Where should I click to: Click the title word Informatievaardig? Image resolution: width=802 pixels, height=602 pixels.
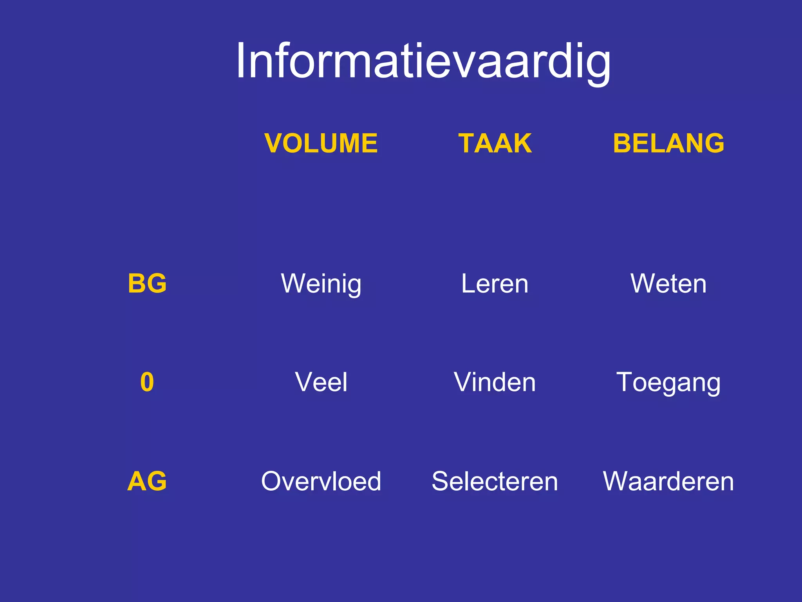pos(423,62)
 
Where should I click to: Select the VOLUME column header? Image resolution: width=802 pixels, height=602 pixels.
pos(321,143)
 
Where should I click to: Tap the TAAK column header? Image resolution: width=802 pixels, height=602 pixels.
pos(495,143)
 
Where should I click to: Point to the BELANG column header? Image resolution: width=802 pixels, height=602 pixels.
pos(668,143)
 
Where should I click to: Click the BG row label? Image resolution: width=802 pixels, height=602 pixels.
pos(147,283)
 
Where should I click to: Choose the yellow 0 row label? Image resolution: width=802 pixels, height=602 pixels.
pos(147,382)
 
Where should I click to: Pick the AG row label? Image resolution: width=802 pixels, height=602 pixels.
pos(147,481)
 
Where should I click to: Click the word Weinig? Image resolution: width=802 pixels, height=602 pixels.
pos(321,284)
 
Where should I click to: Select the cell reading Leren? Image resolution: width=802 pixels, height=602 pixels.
pos(495,284)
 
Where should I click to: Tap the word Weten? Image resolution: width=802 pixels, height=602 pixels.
pos(668,284)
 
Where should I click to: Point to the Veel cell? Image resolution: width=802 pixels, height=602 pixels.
pos(321,382)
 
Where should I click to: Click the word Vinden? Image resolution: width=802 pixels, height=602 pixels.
pos(495,382)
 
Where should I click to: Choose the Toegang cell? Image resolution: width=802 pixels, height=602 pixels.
pos(668,383)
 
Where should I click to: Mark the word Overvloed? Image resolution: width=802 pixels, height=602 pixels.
pos(321,481)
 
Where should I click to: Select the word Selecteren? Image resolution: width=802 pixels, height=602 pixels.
pos(495,481)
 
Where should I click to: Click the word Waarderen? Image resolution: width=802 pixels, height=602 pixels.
pos(668,481)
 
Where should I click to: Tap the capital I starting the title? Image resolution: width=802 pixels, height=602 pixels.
pos(241,61)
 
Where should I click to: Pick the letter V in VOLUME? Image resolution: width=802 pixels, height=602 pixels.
pos(275,143)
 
